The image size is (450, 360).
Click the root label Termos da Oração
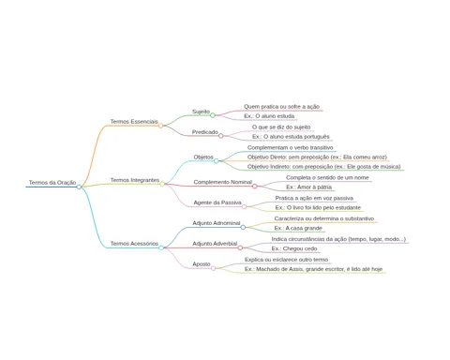click(52, 183)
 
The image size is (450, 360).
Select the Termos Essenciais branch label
click(134, 122)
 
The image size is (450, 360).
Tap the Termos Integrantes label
click(135, 180)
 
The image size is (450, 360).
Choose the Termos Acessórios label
click(134, 244)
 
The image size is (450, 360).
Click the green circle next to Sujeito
click(213, 115)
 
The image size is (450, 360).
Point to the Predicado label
click(205, 132)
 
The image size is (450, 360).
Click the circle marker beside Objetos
click(216, 161)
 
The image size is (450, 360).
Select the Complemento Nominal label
click(223, 182)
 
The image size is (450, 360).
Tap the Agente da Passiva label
click(217, 202)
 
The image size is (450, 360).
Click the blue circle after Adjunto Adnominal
click(243, 227)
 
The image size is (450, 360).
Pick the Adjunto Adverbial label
click(215, 244)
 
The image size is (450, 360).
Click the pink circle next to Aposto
click(214, 268)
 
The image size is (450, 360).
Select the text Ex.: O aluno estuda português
click(291, 137)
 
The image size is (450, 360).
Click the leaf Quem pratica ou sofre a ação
click(281, 107)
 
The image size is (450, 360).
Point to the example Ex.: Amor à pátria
click(308, 187)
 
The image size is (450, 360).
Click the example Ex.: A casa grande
click(298, 228)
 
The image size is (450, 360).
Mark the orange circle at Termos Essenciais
click(160, 126)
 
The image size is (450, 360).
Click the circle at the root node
click(79, 187)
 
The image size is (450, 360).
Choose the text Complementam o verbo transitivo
click(291, 147)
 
